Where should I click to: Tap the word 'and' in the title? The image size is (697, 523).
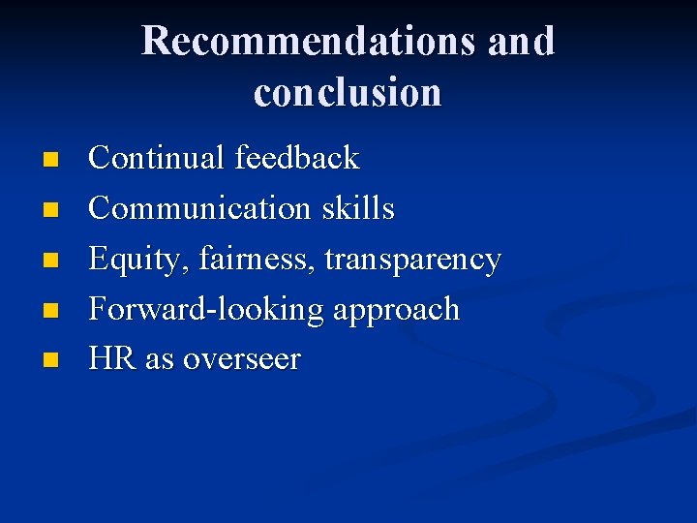521,42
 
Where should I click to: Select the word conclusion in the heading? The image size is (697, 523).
348,92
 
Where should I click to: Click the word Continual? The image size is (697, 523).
156,158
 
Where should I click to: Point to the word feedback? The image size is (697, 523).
296,158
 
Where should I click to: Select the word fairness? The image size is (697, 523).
257,260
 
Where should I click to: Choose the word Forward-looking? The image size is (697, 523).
206,310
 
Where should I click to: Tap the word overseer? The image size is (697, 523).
242,360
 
